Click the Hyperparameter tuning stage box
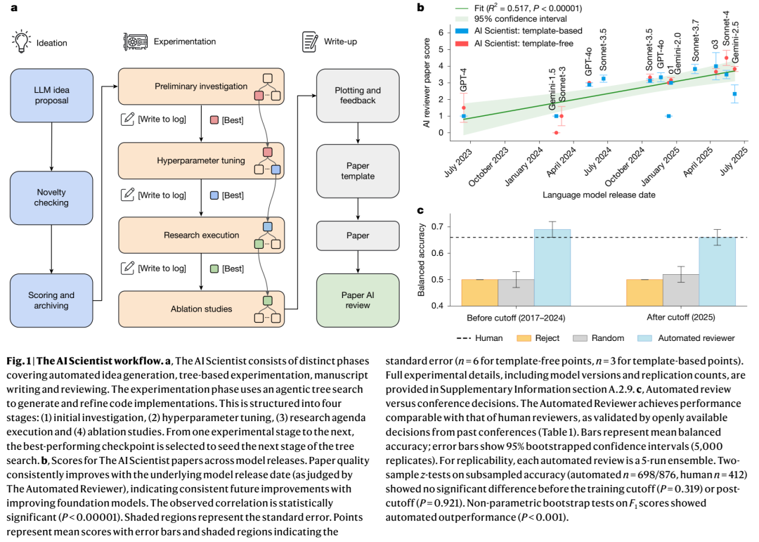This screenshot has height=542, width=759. [x=201, y=161]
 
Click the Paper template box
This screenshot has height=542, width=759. [x=357, y=171]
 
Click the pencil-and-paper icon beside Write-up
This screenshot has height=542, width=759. [x=309, y=41]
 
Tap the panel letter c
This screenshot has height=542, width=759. [x=420, y=209]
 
